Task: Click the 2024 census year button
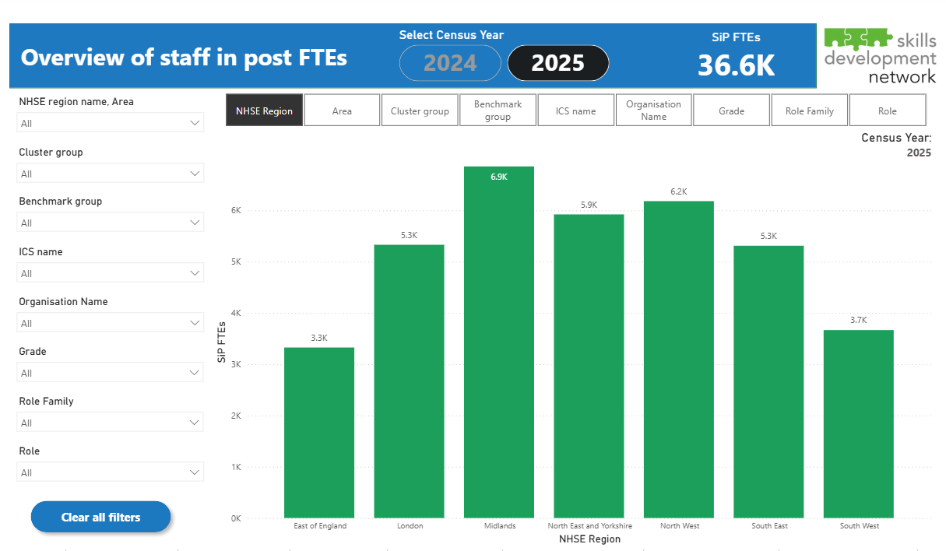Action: pos(450,63)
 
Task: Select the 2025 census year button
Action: pos(557,63)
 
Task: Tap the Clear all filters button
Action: pos(100,517)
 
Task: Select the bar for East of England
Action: pos(319,433)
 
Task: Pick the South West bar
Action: pos(858,424)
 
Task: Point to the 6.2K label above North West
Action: pos(679,192)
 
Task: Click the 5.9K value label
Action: pos(589,205)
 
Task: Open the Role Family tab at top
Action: pos(809,111)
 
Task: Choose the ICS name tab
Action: pos(575,111)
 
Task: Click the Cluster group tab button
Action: pos(420,111)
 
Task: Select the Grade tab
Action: pos(731,111)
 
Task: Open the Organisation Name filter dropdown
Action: pos(110,323)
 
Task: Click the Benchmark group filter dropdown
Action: pos(110,223)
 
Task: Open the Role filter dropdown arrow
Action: pos(195,472)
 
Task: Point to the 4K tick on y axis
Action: pos(236,313)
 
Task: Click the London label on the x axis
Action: pos(410,526)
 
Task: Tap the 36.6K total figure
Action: pos(736,66)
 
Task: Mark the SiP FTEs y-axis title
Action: pos(222,342)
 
